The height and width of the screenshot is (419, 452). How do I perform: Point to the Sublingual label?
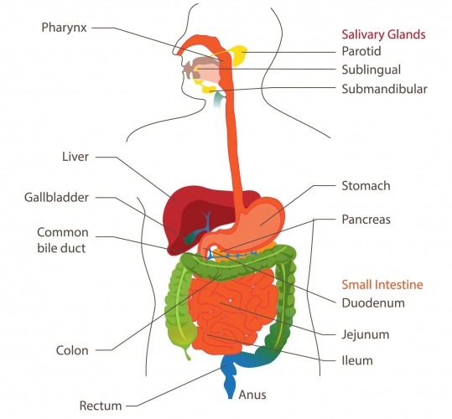point(370,70)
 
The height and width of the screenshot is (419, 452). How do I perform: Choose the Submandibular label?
point(384,88)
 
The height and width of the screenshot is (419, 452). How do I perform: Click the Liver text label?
point(75,156)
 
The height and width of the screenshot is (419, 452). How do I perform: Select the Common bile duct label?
point(63,239)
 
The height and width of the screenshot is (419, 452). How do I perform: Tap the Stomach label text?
point(366,185)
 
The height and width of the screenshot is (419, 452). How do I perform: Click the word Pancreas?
point(366,220)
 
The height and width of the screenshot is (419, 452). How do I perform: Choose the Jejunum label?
point(366,333)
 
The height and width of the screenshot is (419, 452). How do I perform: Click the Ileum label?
point(357,361)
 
